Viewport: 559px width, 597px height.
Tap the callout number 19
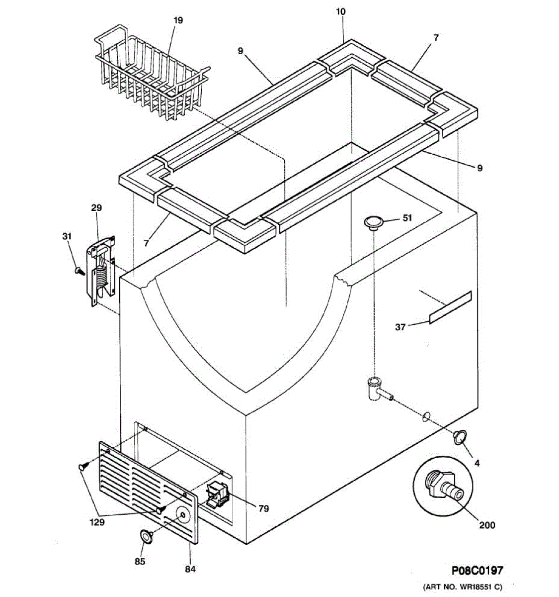click(178, 20)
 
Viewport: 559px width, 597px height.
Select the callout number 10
click(341, 11)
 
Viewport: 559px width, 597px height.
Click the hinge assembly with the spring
click(101, 271)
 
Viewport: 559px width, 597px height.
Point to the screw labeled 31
click(78, 270)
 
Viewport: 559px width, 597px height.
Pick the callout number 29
click(96, 207)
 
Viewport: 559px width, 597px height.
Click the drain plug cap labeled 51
click(373, 222)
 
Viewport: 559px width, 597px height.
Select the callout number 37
click(400, 327)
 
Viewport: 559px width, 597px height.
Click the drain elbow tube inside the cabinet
click(375, 388)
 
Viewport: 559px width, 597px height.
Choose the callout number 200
click(487, 525)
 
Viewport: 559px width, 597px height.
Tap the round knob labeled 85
click(146, 536)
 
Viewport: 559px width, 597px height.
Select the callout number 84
click(191, 569)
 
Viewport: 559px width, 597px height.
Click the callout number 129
click(97, 522)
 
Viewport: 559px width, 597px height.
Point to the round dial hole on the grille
click(183, 515)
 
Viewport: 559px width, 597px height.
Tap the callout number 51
click(407, 218)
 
